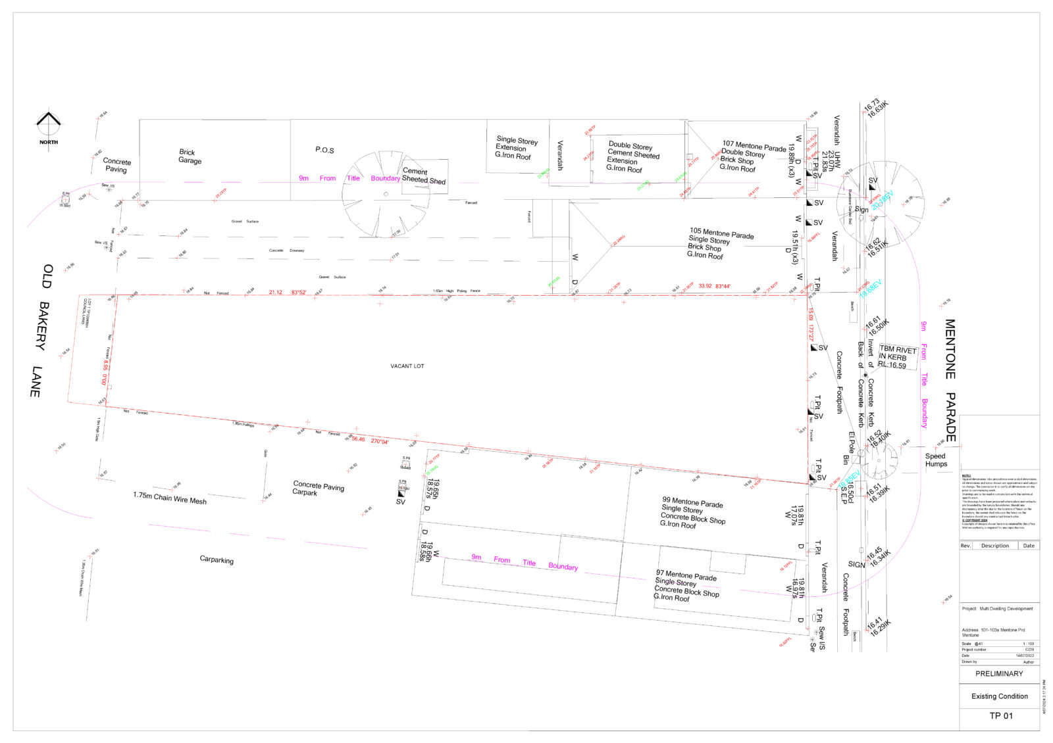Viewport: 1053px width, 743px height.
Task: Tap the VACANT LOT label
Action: (407, 366)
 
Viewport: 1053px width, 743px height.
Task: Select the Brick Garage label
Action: (190, 156)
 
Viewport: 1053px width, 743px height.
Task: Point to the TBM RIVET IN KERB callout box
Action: (897, 358)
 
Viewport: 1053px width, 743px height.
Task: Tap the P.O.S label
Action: (324, 150)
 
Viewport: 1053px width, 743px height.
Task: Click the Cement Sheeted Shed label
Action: (424, 176)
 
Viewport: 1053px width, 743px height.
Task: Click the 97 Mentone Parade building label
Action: (686, 586)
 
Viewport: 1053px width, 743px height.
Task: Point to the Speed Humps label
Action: (936, 460)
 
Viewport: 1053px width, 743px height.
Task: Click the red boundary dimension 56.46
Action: (358, 439)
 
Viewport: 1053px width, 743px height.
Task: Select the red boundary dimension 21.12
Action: (275, 292)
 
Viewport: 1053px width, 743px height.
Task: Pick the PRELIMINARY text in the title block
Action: (999, 673)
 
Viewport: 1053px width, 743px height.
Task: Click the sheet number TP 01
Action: (1001, 715)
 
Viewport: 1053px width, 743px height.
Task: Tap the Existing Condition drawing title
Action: (999, 696)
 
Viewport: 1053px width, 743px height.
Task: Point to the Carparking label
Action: (217, 560)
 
